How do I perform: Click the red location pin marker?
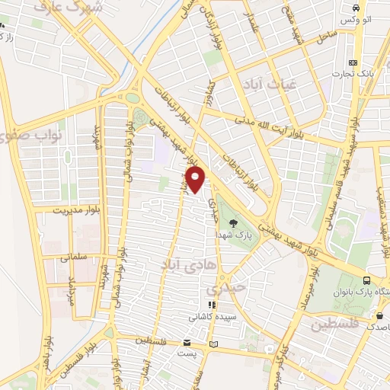click(x=197, y=181)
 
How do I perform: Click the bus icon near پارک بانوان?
click(x=369, y=280)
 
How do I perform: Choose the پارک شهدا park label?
click(x=232, y=225)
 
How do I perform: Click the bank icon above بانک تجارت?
click(x=352, y=62)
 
